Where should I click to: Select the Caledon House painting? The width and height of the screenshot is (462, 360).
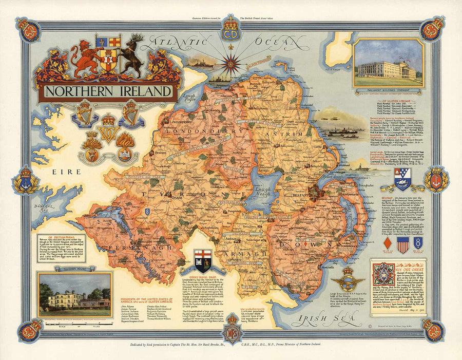coord(74,294)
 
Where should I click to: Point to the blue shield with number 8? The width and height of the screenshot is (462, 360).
coord(418,243)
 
